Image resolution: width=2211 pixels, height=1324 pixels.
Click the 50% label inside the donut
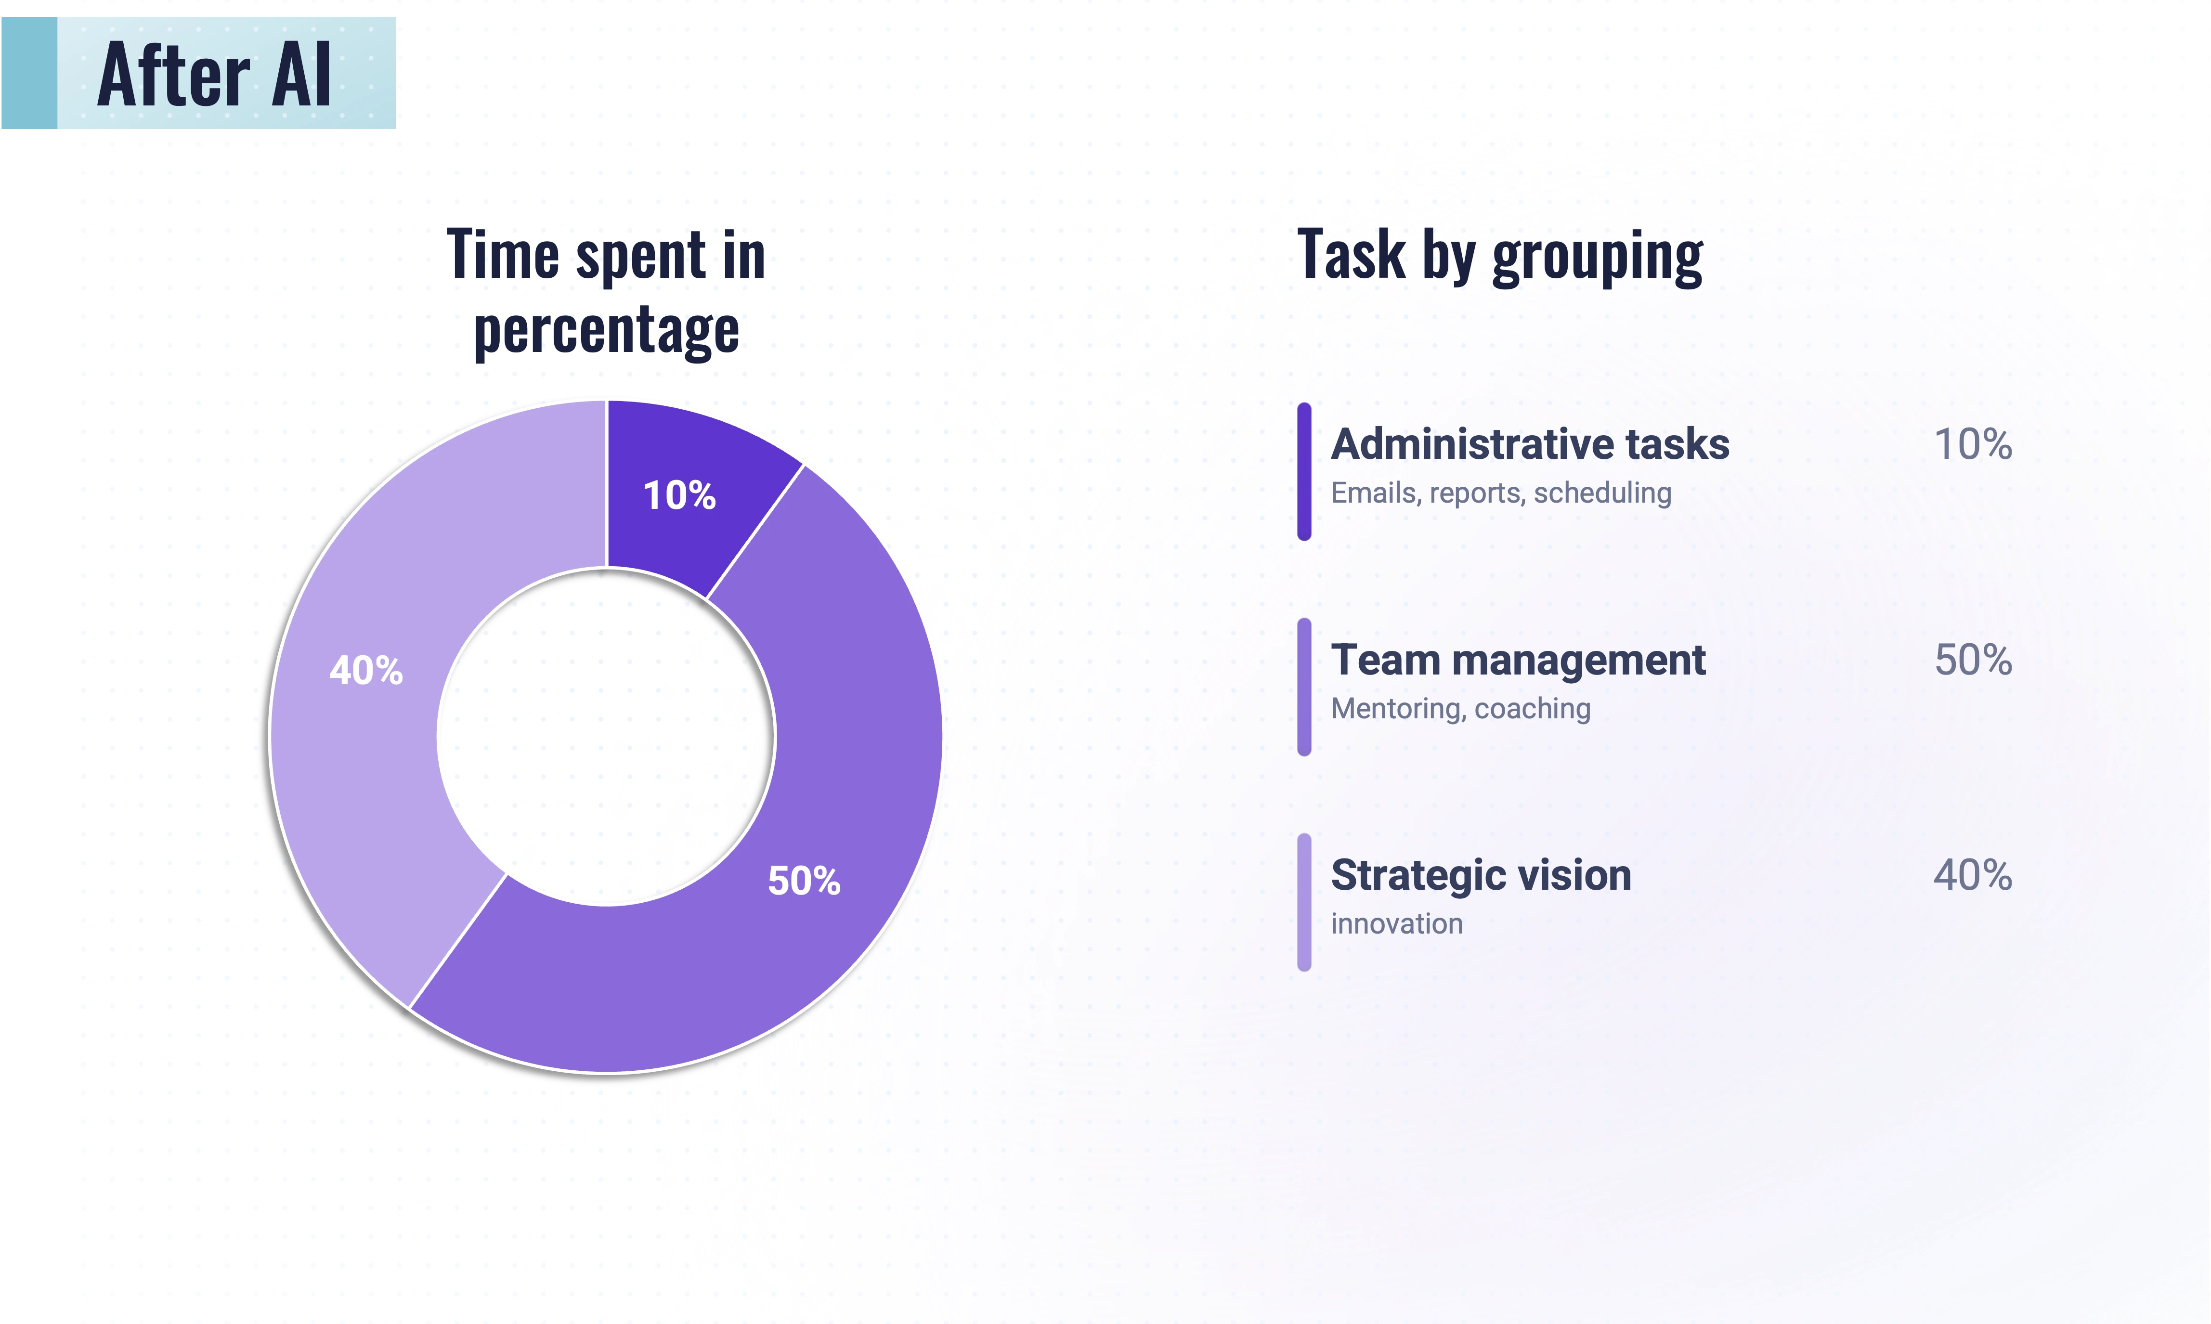click(804, 882)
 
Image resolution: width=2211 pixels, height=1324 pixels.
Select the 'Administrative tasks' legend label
click(1529, 444)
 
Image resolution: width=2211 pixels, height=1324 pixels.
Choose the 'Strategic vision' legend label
click(1481, 875)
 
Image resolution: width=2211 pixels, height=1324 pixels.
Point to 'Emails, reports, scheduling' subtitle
click(1501, 493)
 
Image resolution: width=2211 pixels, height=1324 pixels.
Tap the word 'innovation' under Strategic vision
click(1396, 924)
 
